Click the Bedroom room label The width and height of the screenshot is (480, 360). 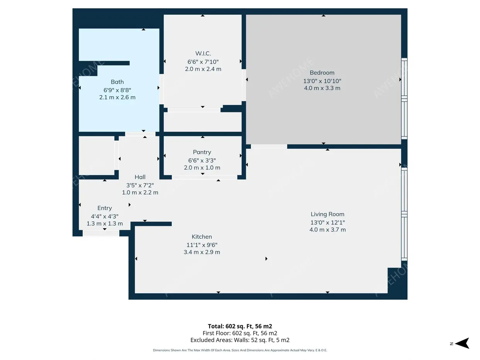click(322, 73)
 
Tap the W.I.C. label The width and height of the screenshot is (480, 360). click(203, 53)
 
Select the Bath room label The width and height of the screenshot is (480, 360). click(117, 82)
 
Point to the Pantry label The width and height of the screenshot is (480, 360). click(202, 152)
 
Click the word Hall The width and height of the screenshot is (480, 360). click(140, 177)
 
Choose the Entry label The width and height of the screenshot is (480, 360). click(105, 208)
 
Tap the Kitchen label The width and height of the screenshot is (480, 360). click(202, 237)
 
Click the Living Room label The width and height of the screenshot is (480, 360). click(327, 214)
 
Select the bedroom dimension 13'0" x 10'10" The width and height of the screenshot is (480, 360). click(322, 81)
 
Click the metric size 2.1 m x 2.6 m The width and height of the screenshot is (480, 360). click(117, 97)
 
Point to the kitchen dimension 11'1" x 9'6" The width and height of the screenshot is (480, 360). click(202, 245)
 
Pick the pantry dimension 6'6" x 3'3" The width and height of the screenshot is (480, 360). click(202, 160)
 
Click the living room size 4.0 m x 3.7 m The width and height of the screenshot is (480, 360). click(327, 230)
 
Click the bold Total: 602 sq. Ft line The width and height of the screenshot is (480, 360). click(240, 326)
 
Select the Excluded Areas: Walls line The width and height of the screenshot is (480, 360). click(240, 340)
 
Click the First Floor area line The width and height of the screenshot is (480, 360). click(240, 333)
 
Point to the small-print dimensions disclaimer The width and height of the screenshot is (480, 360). click(240, 350)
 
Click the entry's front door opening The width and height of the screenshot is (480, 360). click(101, 233)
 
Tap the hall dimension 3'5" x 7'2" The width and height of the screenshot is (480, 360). click(140, 185)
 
